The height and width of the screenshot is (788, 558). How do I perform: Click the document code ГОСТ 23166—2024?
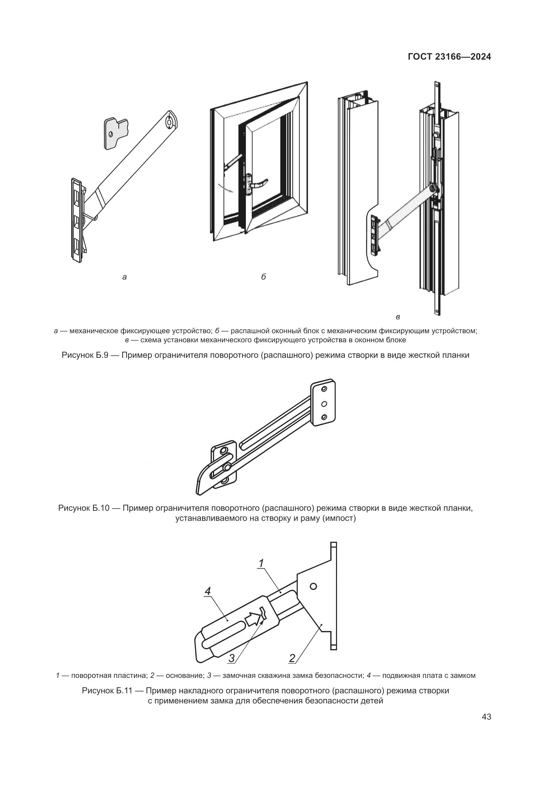click(x=449, y=57)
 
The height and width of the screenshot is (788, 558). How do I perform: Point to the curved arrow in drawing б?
click(x=225, y=188)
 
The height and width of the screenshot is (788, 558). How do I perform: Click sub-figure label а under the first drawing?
click(x=124, y=277)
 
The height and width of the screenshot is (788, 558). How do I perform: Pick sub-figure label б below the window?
click(x=263, y=277)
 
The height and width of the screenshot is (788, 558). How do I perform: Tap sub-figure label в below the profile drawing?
click(x=397, y=317)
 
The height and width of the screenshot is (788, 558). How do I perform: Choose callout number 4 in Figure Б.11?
click(x=207, y=591)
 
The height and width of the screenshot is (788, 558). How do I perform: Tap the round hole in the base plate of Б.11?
click(x=313, y=586)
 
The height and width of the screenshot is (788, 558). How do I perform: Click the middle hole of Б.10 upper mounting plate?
click(x=324, y=404)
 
